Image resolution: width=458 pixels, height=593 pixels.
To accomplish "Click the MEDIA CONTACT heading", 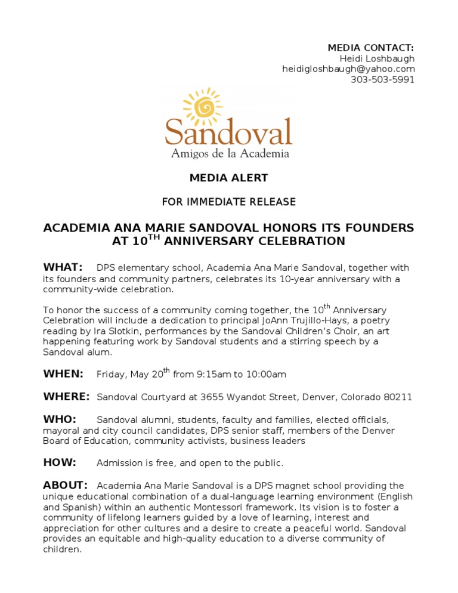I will click(x=371, y=48).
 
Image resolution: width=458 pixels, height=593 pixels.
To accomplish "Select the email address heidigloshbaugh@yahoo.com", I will click(x=348, y=69).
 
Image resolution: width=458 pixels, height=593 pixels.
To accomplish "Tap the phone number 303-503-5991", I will click(x=382, y=80).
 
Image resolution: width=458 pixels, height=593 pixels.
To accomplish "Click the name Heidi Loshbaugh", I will click(x=377, y=58).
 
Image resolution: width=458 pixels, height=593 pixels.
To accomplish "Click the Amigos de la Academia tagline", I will click(x=230, y=154).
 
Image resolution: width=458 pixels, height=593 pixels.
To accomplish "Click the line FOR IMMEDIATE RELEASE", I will click(x=228, y=202).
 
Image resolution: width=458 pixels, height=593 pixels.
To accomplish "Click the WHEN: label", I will click(x=63, y=374).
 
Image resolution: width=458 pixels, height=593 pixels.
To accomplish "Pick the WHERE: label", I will click(x=66, y=397).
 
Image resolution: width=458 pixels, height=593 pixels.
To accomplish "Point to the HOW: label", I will click(x=60, y=462).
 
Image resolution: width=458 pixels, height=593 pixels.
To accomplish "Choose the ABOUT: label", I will click(x=66, y=485).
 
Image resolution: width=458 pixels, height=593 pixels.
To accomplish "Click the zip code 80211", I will click(x=398, y=397).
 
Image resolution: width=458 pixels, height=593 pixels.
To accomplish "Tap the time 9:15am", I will click(x=213, y=375).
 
